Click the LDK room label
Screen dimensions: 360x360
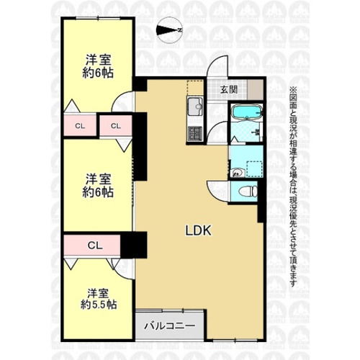click(x=198, y=230)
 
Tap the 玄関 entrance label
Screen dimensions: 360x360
click(x=229, y=90)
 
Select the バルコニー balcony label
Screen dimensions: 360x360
click(x=169, y=325)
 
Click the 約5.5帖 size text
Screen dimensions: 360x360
click(x=99, y=305)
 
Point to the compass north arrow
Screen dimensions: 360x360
click(x=170, y=30)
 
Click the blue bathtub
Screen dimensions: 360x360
click(x=246, y=112)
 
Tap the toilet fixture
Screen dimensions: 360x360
click(x=248, y=192)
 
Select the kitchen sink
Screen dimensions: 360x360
click(x=195, y=107)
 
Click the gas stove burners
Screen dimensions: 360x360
click(x=195, y=133)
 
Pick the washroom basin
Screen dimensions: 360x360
click(x=237, y=173)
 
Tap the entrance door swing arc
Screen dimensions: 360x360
click(x=217, y=66)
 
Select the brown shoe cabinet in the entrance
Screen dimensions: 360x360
click(x=255, y=89)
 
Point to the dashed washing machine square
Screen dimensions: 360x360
click(x=254, y=169)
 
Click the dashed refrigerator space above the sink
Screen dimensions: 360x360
click(x=195, y=88)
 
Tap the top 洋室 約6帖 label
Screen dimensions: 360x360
click(x=98, y=66)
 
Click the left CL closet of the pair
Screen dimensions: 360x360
click(x=80, y=125)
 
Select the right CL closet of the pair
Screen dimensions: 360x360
click(x=116, y=125)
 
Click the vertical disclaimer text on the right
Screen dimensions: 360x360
click(x=294, y=186)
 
